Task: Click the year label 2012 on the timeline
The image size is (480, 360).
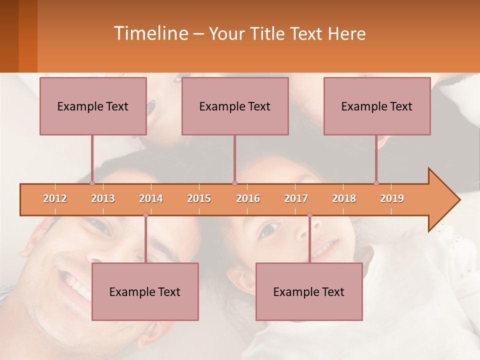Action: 55,198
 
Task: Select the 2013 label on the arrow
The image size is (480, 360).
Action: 103,198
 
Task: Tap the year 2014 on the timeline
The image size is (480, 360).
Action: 151,198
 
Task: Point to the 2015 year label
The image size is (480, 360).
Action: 199,198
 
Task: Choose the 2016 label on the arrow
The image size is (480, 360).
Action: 248,198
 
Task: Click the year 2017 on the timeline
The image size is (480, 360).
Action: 296,198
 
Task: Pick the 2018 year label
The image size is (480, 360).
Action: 344,198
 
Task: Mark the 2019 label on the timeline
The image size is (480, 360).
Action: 392,198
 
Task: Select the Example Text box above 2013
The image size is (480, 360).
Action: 93,106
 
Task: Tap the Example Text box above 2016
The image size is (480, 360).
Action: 235,106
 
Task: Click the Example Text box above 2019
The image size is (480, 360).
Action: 377,106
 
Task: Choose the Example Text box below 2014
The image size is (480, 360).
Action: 145,291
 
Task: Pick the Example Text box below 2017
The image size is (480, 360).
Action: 309,291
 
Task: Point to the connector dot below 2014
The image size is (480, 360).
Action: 145,215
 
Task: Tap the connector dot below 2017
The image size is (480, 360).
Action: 309,215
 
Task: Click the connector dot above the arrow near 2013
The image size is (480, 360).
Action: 92,183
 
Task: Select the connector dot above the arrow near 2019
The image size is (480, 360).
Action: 376,183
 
